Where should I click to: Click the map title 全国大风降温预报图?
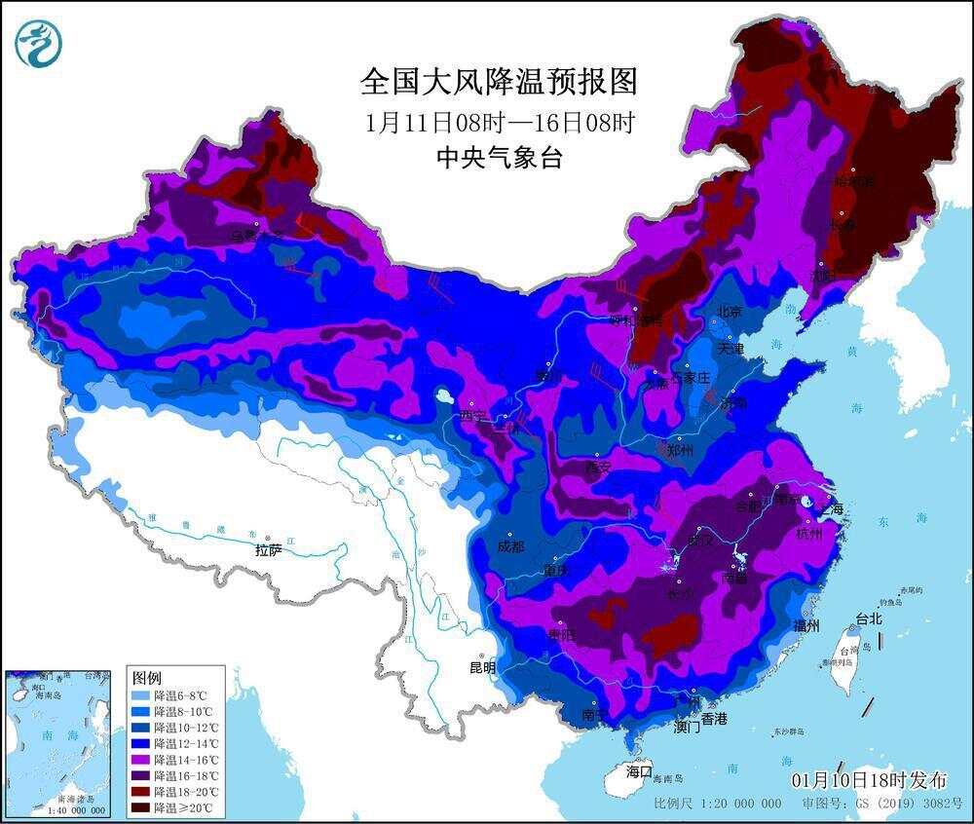pos(499,82)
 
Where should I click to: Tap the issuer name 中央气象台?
pos(499,157)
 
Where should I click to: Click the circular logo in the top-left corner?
pos(38,44)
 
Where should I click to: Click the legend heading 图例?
pos(146,677)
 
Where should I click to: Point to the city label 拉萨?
pos(269,550)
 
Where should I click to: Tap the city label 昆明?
pos(482,668)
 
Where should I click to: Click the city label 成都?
pos(510,546)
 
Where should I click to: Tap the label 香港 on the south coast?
pos(713,719)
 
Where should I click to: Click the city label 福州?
pos(806,624)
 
